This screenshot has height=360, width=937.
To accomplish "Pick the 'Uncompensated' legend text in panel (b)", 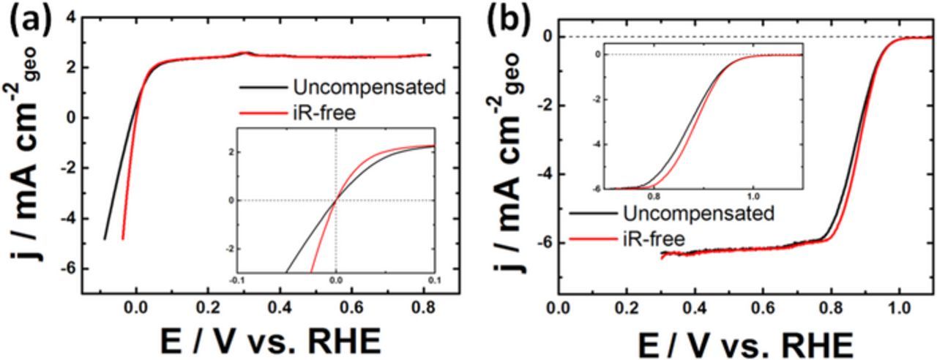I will (x=698, y=214).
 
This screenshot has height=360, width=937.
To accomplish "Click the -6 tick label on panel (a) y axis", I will (x=65, y=269).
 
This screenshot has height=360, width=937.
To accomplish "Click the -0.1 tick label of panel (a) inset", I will (x=237, y=280).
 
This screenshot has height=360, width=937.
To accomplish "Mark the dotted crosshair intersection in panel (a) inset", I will (x=336, y=200).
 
